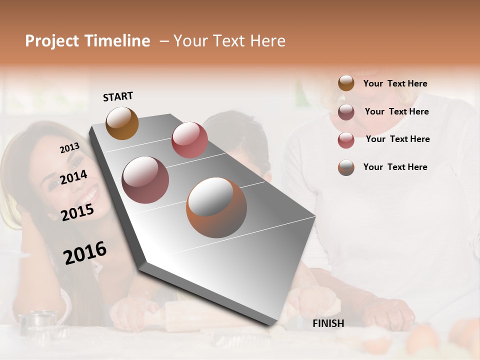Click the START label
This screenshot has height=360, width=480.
(x=118, y=96)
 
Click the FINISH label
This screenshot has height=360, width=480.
(x=328, y=323)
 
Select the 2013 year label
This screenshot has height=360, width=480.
(x=69, y=148)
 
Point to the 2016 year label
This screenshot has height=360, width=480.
(x=85, y=253)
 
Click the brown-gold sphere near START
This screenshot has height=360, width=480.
(x=122, y=123)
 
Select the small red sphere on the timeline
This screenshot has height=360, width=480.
(x=189, y=139)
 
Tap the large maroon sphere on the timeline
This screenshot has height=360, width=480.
(x=145, y=180)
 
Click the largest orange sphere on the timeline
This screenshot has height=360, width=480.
(x=216, y=207)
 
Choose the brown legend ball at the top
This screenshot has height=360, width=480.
(x=346, y=83)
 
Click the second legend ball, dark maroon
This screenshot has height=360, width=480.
(x=346, y=112)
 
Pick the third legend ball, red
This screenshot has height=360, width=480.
(x=346, y=140)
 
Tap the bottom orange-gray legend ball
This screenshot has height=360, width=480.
(x=346, y=167)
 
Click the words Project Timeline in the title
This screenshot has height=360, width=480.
(x=87, y=41)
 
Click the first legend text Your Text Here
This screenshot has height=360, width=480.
(x=395, y=83)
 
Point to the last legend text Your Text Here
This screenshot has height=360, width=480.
(x=395, y=167)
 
